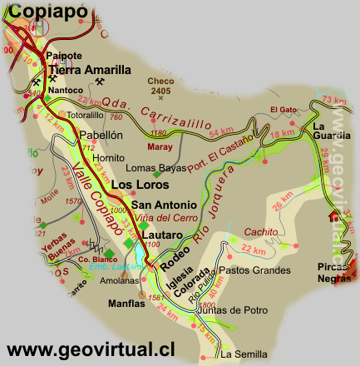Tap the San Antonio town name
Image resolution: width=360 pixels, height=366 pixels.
(x=164, y=205)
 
